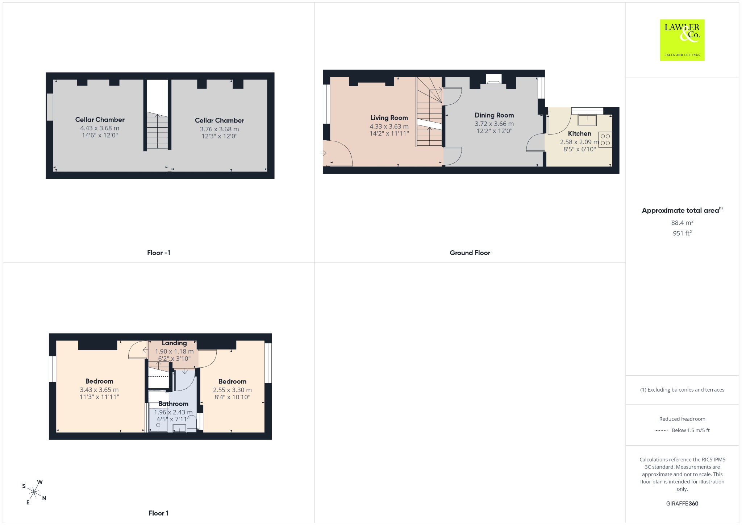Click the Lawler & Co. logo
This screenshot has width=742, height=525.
pyautogui.click(x=682, y=40)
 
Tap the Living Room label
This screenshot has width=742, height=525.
pyautogui.click(x=389, y=118)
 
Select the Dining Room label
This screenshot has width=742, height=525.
pyautogui.click(x=494, y=115)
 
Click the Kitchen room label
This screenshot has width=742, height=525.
pyautogui.click(x=580, y=133)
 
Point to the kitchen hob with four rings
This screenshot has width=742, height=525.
pyautogui.click(x=605, y=140)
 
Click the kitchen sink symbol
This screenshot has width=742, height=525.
pyautogui.click(x=587, y=120)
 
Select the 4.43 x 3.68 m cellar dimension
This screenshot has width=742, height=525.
pyautogui.click(x=100, y=128)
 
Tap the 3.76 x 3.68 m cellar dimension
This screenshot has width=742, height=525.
pyautogui.click(x=220, y=129)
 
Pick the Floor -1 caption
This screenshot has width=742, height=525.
pyautogui.click(x=159, y=253)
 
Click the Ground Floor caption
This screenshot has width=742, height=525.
pyautogui.click(x=470, y=253)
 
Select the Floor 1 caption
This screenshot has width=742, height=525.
pyautogui.click(x=159, y=513)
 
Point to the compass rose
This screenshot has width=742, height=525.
pyautogui.click(x=34, y=492)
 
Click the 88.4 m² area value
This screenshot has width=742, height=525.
pyautogui.click(x=682, y=223)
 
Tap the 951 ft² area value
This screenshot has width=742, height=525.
pyautogui.click(x=682, y=233)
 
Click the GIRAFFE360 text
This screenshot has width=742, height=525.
pyautogui.click(x=682, y=504)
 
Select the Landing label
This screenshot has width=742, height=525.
pyautogui.click(x=174, y=343)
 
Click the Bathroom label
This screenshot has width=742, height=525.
pyautogui.click(x=173, y=404)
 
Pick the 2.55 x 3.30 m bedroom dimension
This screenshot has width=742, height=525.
pyautogui.click(x=232, y=390)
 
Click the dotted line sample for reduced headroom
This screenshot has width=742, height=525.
pyautogui.click(x=661, y=430)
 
